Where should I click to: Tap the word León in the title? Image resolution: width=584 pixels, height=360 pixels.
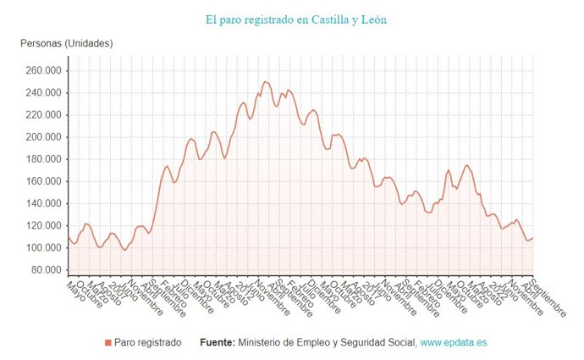click(x=372, y=18)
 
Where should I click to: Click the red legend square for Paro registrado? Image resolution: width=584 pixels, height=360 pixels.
click(x=107, y=342)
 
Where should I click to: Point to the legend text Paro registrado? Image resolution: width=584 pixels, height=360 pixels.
click(x=148, y=342)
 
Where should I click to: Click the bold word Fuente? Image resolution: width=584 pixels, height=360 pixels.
click(x=218, y=342)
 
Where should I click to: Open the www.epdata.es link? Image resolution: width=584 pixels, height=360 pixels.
click(x=453, y=342)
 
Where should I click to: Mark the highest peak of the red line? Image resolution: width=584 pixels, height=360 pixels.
click(x=265, y=82)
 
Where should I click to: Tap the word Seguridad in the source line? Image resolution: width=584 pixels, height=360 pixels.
click(x=362, y=342)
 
